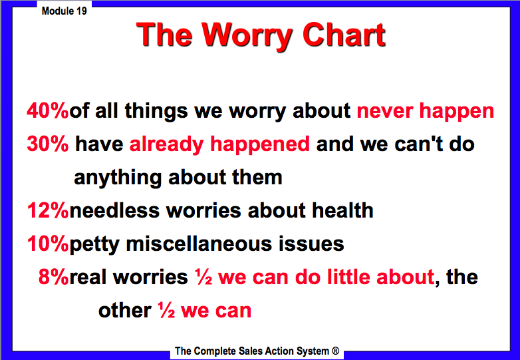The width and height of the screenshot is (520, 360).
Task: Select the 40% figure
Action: point(47,110)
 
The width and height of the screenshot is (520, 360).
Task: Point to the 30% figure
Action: point(47,144)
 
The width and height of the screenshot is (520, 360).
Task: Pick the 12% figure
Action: point(47,211)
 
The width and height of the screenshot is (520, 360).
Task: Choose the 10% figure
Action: point(47,244)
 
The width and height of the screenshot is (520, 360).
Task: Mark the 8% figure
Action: point(53,277)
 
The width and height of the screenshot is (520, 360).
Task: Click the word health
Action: point(340,211)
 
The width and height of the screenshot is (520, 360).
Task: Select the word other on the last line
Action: point(124,310)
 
